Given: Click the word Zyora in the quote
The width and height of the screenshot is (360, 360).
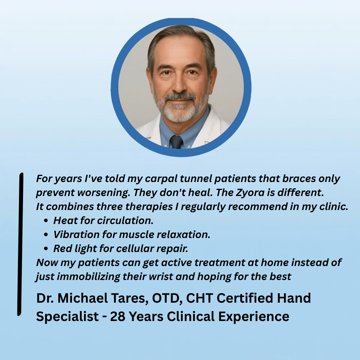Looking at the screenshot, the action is [x=250, y=192].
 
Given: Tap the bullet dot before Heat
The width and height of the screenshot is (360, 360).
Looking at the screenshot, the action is [x=46, y=221].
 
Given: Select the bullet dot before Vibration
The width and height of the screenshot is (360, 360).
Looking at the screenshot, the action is [x=46, y=235].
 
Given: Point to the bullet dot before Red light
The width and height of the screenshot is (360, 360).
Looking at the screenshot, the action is [x=46, y=249].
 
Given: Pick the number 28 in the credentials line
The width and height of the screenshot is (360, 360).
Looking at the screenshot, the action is [x=118, y=316].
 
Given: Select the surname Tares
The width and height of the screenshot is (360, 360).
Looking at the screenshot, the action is [x=129, y=298].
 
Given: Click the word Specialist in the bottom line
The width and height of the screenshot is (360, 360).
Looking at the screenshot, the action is [x=67, y=317].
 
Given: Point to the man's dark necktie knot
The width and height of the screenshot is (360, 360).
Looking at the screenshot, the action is [x=176, y=141].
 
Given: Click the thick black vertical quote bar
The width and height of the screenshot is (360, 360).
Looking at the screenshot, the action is [x=20, y=244].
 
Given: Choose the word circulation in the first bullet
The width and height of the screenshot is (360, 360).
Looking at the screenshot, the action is [x=125, y=221].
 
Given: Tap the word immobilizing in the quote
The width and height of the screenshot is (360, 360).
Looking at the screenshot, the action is [x=88, y=277].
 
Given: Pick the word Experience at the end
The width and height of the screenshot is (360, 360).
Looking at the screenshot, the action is [x=254, y=317].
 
